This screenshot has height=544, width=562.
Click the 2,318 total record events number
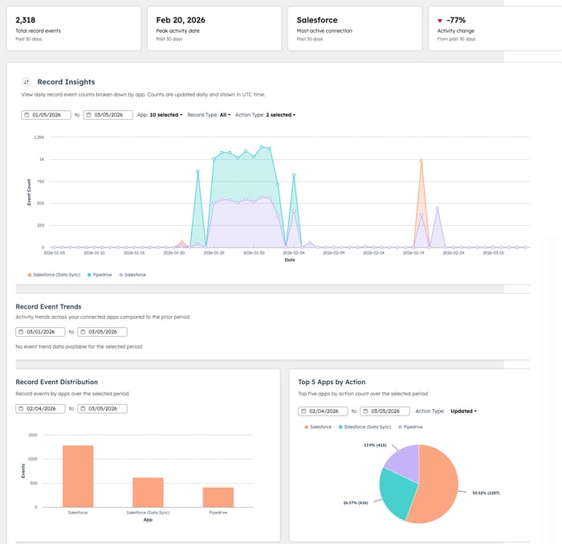point(26,19)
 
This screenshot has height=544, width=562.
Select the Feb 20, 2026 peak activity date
point(181,19)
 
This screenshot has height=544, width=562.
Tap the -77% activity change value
point(457,19)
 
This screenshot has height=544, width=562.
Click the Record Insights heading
point(66,82)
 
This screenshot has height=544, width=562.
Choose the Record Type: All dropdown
point(209,115)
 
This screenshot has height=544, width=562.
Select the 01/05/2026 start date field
point(47,115)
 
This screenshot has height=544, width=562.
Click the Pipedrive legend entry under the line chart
point(101,275)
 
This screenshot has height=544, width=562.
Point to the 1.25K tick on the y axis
point(39,137)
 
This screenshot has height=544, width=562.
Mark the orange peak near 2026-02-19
point(421,161)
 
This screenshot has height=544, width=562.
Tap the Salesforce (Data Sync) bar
point(147,492)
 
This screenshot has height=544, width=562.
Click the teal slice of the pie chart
point(397,490)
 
